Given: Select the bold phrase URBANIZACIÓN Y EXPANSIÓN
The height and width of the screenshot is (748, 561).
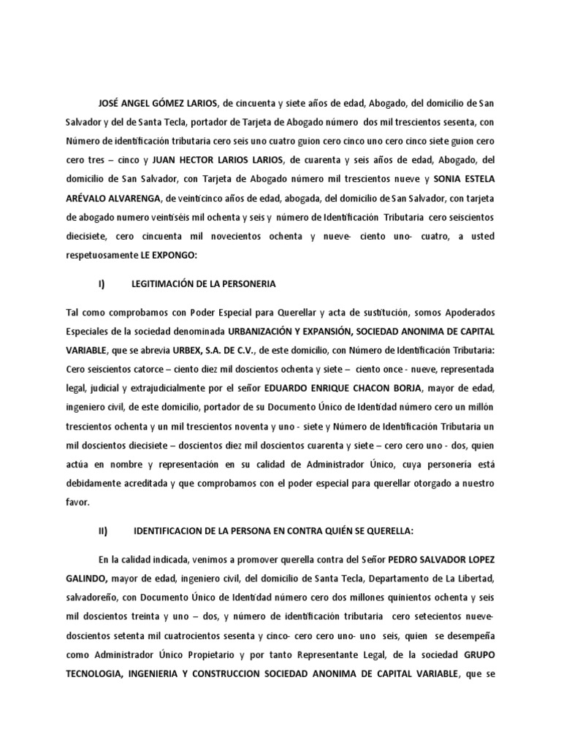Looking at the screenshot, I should pyautogui.click(x=288, y=330).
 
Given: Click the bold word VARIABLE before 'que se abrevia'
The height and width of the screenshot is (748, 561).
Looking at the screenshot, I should pyautogui.click(x=86, y=349).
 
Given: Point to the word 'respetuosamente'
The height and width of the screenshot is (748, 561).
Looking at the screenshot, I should pyautogui.click(x=102, y=254).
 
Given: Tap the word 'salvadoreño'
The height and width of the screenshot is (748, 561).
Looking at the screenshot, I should pyautogui.click(x=91, y=598).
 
